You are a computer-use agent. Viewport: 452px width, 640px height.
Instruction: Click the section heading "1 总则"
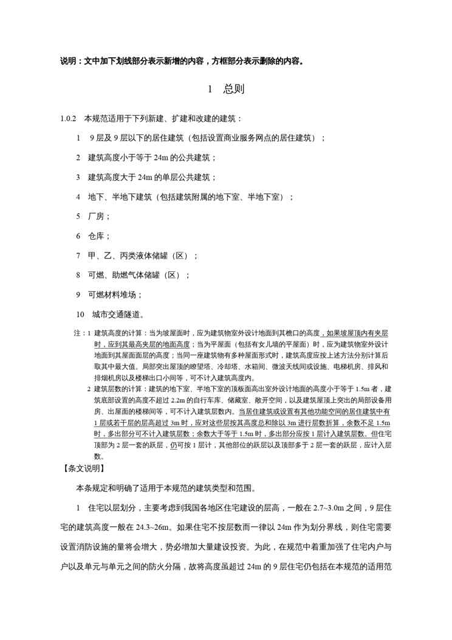pyautogui.click(x=226, y=89)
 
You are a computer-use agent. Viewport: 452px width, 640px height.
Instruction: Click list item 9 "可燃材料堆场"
pyautogui.click(x=109, y=294)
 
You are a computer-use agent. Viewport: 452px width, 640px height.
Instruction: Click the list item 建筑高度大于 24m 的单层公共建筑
pyautogui.click(x=146, y=177)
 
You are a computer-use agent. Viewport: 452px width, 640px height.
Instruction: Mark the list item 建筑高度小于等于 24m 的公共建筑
pyautogui.click(x=146, y=158)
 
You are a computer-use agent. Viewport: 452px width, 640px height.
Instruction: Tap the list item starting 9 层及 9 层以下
pyautogui.click(x=201, y=138)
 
